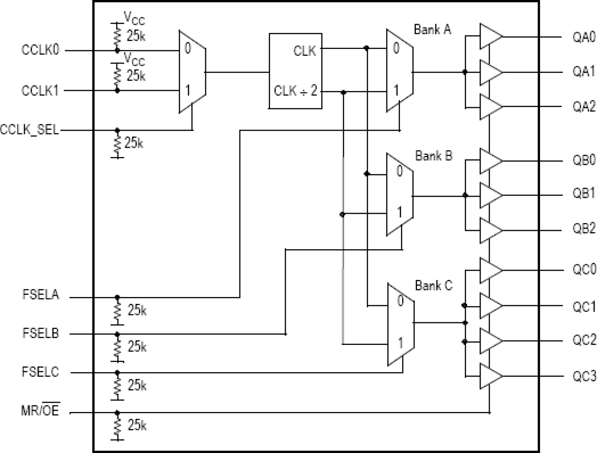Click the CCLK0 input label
click(40, 50)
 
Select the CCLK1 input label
click(40, 90)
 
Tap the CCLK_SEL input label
click(30, 130)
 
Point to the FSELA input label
click(40, 295)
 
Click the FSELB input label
click(40, 333)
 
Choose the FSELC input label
click(40, 372)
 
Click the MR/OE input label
click(40, 410)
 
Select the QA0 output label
click(584, 37)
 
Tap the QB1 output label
click(584, 194)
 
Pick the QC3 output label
click(584, 377)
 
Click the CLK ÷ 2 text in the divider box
click(295, 90)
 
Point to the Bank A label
click(432, 30)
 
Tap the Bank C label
click(433, 285)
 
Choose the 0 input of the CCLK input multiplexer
click(188, 48)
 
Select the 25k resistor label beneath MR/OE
click(137, 425)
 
